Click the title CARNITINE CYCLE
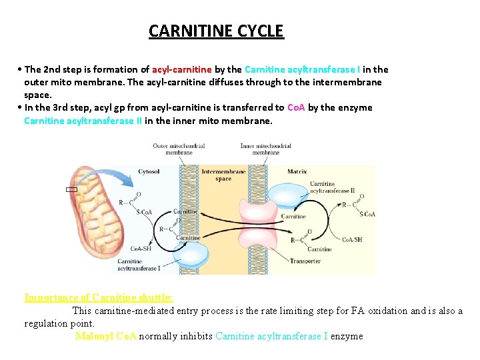[216, 31]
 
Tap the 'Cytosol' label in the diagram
[149, 171]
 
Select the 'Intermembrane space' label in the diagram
[223, 175]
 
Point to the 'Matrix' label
[297, 171]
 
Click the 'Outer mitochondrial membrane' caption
[179, 149]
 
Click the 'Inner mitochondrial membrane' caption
[265, 149]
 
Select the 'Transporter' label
[305, 261]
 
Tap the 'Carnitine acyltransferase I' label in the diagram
[139, 265]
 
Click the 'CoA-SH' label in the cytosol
[140, 248]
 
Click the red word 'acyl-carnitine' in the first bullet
[182, 69]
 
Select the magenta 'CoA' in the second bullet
[296, 107]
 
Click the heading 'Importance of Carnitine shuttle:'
[98, 297]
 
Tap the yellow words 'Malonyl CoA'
[105, 336]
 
